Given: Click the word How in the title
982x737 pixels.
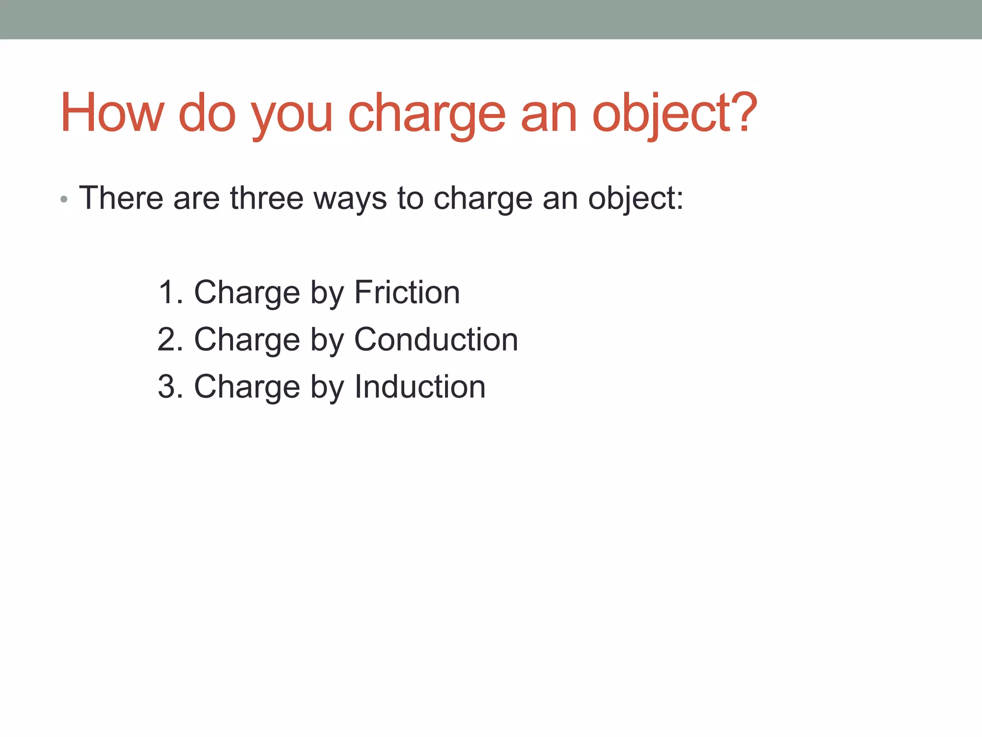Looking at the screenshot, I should pos(112,113).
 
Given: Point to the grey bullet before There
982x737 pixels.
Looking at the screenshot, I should pos(64,199).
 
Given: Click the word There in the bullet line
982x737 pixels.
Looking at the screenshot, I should pos(121,198).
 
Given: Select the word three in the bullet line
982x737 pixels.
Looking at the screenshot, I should pos(267,198).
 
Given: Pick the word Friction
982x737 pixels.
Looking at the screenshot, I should pos(407,292).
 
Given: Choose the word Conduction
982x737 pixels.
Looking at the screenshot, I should pos(436,339).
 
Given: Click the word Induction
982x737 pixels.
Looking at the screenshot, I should pos(420,386).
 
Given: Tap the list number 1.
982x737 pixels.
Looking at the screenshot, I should pos(168,292).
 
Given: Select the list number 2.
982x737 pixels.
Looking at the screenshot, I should pos(168,339).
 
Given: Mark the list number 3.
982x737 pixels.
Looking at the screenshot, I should pos(168,386).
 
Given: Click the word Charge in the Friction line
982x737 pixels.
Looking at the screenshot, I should pos(246,293).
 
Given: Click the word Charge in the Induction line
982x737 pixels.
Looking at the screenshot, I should pos(246,387).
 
